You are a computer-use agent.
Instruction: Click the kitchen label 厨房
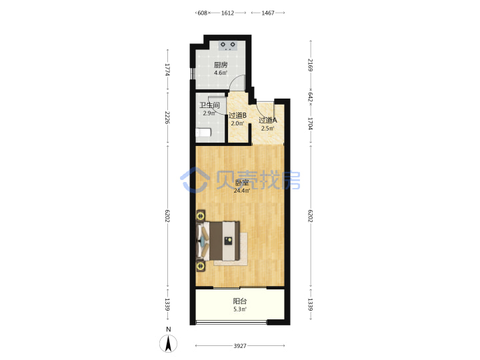(221, 65)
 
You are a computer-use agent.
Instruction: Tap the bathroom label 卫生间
(210, 105)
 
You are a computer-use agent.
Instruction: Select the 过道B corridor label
(237, 115)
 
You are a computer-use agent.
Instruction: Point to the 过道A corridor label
(268, 120)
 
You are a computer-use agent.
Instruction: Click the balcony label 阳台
(240, 301)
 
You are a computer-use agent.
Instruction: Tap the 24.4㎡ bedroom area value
(242, 191)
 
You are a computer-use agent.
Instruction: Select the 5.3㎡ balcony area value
(240, 309)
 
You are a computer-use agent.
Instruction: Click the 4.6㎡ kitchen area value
(221, 73)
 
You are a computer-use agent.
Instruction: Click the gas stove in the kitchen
(228, 45)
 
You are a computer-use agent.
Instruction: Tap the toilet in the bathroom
(203, 133)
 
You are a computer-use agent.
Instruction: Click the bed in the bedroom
(218, 241)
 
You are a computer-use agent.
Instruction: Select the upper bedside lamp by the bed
(201, 216)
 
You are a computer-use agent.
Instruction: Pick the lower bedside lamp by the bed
(201, 266)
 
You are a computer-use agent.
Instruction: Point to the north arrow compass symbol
(168, 343)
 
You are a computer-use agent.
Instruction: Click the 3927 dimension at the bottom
(240, 346)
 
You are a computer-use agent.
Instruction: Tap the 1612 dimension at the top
(228, 13)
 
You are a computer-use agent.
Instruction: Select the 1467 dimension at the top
(268, 13)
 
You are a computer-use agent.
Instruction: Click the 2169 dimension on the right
(311, 65)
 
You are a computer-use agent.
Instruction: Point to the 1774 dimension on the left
(167, 69)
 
